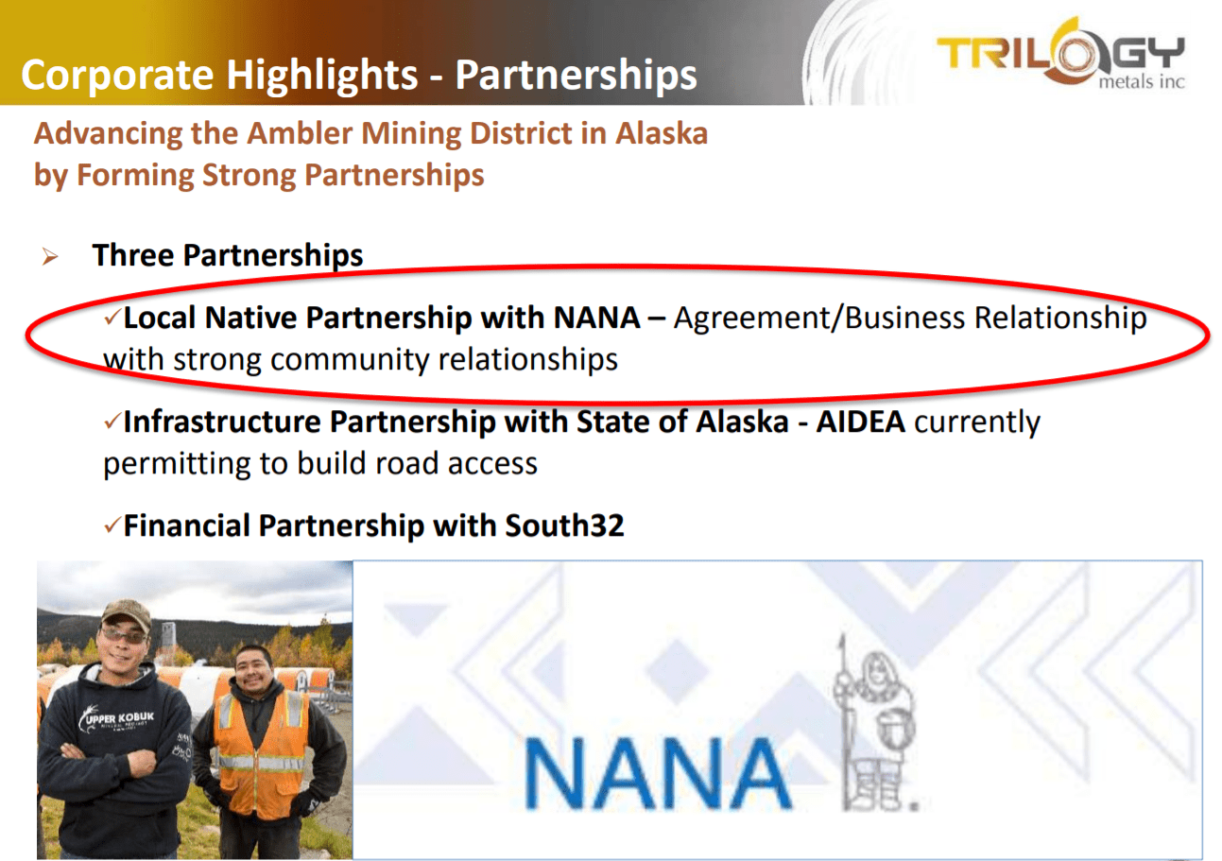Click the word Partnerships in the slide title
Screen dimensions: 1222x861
577,76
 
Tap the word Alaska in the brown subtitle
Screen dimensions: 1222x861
662,133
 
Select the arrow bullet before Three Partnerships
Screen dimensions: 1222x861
50,256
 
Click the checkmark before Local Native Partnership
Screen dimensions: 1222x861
112,316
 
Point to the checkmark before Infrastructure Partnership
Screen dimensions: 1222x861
112,421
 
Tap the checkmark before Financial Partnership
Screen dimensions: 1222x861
112,525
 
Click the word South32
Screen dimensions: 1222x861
564,525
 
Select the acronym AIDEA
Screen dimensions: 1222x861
860,422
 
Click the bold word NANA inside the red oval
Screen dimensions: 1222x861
596,318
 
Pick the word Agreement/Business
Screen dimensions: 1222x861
818,319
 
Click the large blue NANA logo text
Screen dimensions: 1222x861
658,773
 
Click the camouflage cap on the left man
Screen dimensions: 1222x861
127,613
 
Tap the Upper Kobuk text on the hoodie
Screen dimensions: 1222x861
117,719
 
